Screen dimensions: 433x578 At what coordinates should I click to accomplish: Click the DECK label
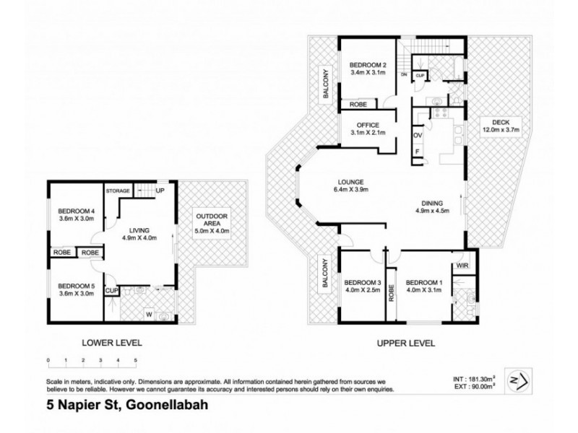[x=501, y=121]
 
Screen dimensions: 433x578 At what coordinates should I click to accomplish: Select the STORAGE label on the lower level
[x=117, y=191]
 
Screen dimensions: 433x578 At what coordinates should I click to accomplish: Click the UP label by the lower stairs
[x=160, y=191]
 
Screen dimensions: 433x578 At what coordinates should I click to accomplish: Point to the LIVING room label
[x=139, y=232]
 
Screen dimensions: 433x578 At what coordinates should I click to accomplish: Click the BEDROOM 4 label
[x=76, y=211]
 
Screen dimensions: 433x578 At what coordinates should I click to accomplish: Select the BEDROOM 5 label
[x=76, y=285]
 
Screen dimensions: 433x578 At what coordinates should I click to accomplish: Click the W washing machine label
[x=149, y=314]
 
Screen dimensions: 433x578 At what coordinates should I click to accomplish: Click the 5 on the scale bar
[x=135, y=359]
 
